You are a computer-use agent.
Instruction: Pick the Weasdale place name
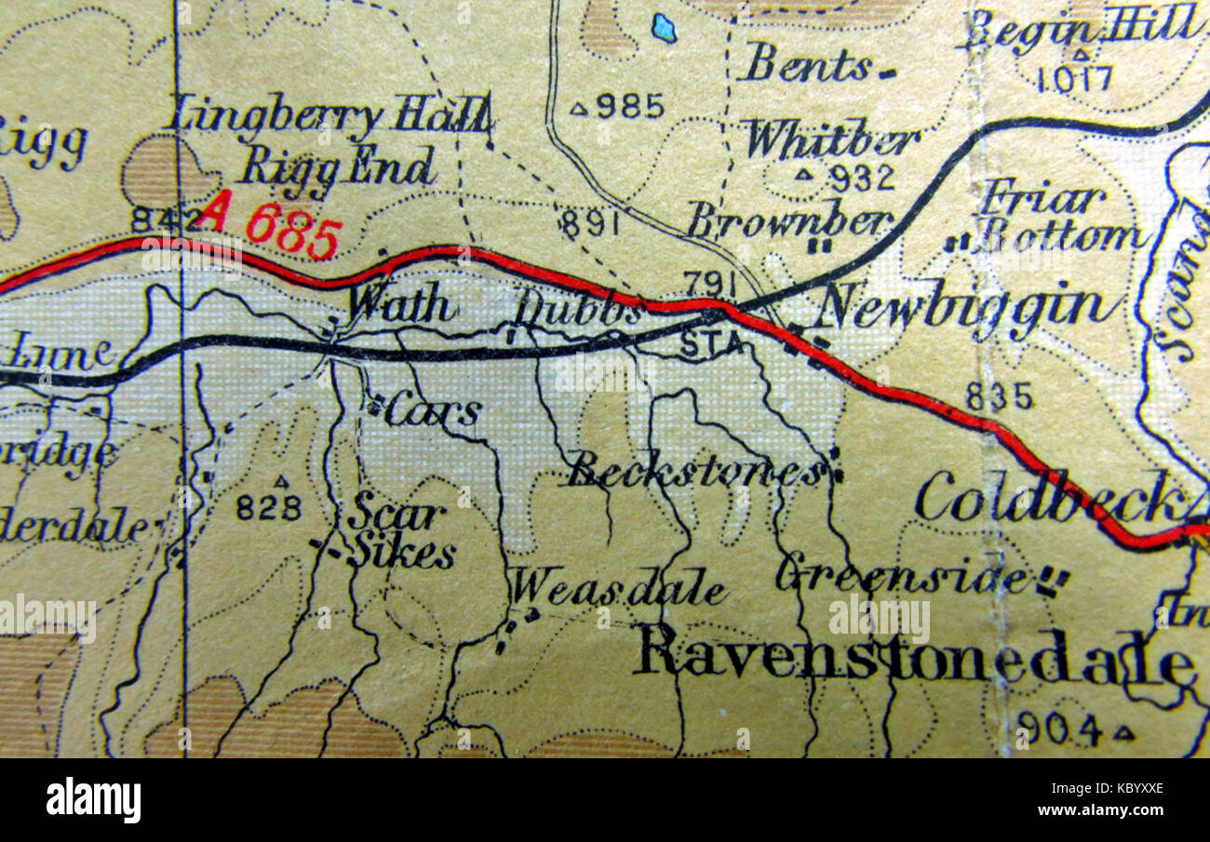pos(618,588)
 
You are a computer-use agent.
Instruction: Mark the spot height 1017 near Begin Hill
pos(1074,78)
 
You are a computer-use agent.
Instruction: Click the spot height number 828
pos(268,507)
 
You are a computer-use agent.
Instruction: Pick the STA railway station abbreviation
pos(712,344)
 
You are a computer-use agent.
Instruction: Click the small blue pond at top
pos(664,28)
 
